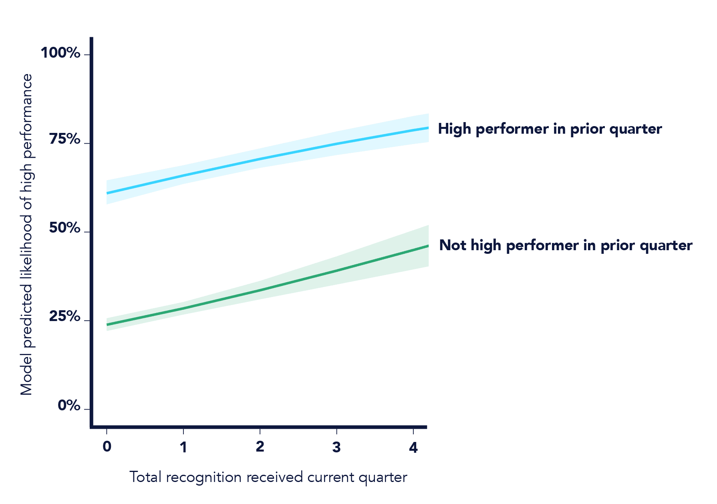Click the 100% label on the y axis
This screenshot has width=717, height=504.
pos(60,53)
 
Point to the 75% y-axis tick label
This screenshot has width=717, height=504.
pos(64,139)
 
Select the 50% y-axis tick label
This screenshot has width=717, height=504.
pos(64,228)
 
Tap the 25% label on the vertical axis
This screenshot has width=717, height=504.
pos(64,317)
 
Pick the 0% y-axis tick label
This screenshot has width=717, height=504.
pos(69,406)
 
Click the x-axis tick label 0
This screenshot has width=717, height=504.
pos(107,447)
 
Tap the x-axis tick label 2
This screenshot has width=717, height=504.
pos(260,447)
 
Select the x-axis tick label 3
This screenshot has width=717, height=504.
pos(336,447)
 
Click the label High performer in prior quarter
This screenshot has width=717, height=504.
pos(550,129)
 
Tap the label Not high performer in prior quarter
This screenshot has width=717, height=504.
pos(566,245)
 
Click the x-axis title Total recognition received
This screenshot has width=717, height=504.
pos(268,477)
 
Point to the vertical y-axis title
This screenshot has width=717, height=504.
pos(26,234)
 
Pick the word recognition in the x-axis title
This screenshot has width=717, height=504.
pos(203,478)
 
